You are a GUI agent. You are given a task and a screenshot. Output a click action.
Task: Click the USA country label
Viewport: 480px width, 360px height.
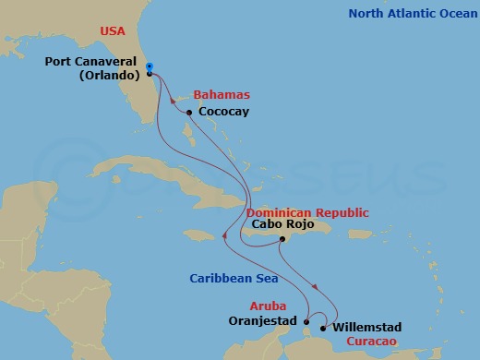(113, 31)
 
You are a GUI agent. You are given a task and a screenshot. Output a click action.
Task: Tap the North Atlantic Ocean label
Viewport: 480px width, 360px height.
(410, 13)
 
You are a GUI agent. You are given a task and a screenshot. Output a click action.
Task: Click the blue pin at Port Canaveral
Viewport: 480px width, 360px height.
(150, 67)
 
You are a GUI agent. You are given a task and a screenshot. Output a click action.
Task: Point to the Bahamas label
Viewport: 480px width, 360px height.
(222, 95)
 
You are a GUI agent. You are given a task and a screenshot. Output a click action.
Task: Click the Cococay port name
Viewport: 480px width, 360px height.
(224, 113)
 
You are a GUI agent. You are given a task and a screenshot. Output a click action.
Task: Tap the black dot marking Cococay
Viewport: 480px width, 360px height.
(189, 113)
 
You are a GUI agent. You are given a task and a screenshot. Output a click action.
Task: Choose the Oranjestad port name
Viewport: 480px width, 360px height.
(262, 322)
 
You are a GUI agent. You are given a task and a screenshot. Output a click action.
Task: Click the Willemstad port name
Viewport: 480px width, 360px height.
(367, 326)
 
